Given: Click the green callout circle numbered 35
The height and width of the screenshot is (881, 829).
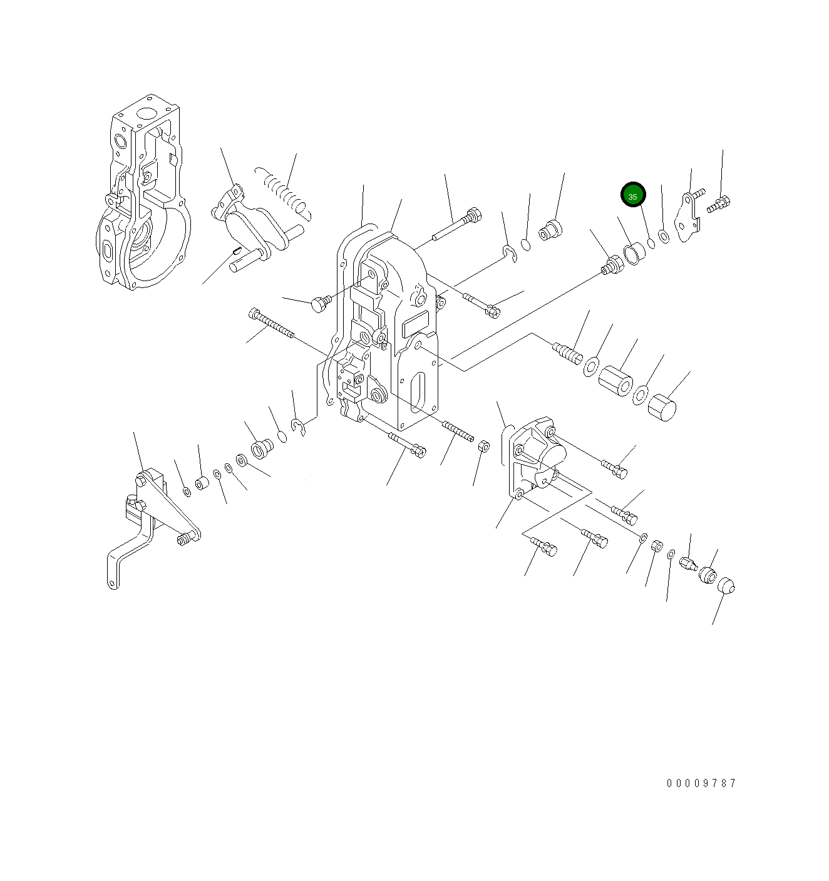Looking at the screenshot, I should click(x=632, y=195).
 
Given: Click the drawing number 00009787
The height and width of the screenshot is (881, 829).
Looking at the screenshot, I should click(x=701, y=783).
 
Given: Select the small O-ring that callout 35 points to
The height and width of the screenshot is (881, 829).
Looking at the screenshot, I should click(x=651, y=244).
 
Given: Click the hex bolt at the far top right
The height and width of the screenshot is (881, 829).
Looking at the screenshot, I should click(x=719, y=204).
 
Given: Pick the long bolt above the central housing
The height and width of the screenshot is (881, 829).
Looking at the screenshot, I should click(x=456, y=226).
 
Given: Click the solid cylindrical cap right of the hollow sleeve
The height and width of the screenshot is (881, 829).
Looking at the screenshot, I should click(x=661, y=408).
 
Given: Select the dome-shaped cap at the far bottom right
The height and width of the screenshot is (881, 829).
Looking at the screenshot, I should click(x=724, y=587).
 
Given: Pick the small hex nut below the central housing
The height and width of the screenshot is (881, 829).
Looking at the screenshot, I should click(x=483, y=446).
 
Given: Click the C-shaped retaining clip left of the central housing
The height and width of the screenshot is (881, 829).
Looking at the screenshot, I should click(x=299, y=427).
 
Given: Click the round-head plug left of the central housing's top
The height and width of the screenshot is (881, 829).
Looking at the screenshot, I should click(x=319, y=304).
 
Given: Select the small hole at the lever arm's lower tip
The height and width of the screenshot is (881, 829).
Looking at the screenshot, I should click(x=112, y=584).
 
